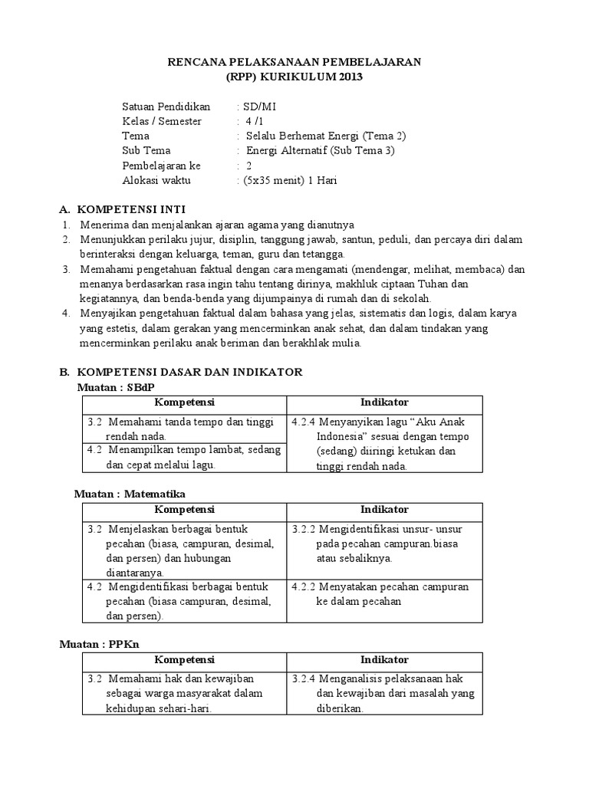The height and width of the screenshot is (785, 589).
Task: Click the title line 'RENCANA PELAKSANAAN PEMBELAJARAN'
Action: pos(294,62)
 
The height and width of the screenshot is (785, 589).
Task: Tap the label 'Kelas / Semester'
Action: pos(162,121)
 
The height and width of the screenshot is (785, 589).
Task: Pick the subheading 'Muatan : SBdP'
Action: pos(121,387)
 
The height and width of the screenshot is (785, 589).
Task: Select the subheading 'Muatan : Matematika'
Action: pos(130,494)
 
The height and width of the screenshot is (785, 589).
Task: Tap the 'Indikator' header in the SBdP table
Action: pos(384,402)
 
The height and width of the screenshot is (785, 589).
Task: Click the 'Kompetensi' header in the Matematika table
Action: pos(184,510)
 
